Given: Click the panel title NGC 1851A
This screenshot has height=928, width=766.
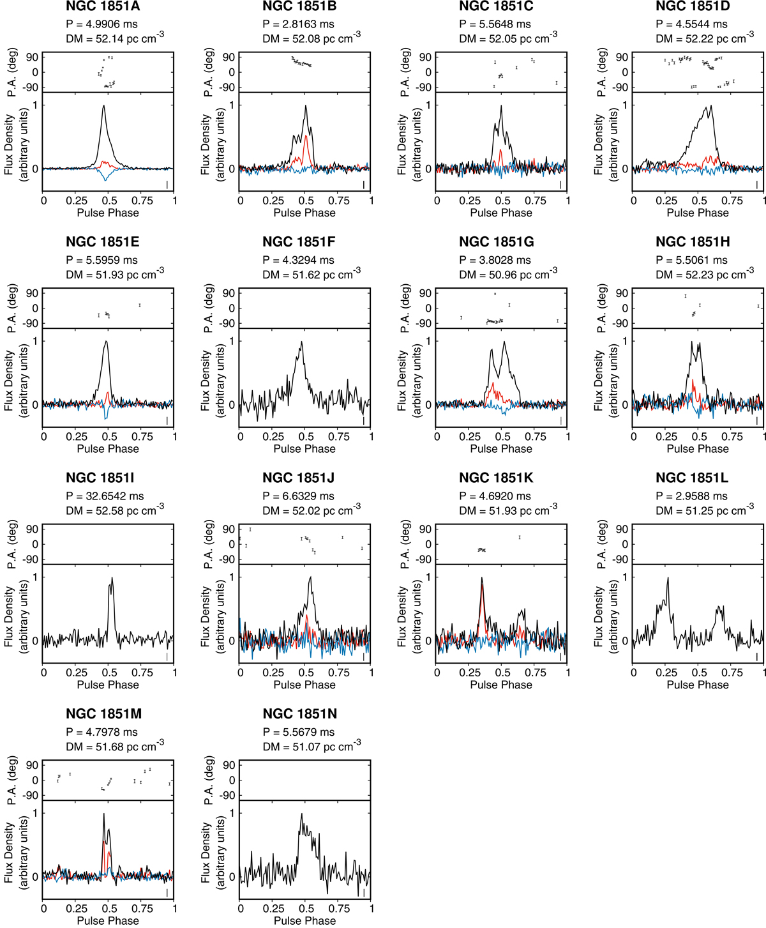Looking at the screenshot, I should click(103, 7).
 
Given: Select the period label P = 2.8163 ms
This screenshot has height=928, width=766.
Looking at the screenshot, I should click(299, 24).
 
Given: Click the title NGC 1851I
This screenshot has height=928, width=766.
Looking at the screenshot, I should click(100, 478).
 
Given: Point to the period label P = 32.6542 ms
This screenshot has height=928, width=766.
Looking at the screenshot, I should click(105, 496).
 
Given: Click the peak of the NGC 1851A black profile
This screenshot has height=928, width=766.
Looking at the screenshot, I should click(103, 106).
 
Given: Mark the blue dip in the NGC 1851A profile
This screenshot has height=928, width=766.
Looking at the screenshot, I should click(105, 181).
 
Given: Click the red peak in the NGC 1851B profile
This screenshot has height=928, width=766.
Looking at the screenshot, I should click(306, 136).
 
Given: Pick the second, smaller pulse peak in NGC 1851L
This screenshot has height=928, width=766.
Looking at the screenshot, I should click(719, 607).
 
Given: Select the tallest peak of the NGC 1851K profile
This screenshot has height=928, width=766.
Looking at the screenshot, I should click(482, 579).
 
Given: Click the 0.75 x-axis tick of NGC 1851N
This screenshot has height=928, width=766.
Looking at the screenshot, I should click(339, 908).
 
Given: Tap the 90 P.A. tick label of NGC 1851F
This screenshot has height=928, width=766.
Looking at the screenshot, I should click(228, 293).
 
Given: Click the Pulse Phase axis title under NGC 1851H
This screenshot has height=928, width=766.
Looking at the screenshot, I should click(698, 449).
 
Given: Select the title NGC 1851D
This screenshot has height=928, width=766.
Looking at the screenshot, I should click(693, 7).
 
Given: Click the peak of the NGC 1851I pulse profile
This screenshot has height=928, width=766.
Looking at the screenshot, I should click(112, 579).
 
